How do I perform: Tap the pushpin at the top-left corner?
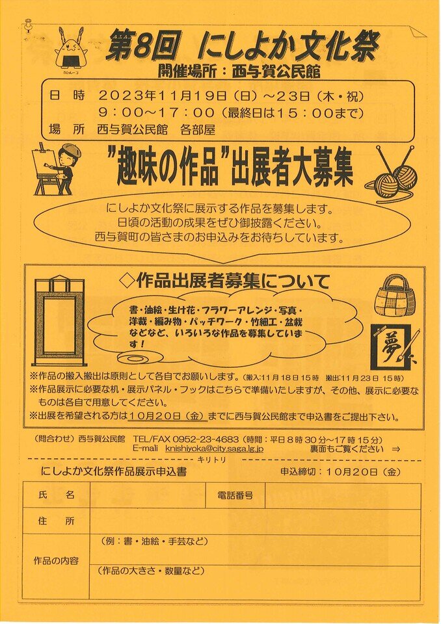tap(28, 25)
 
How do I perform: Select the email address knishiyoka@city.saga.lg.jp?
tap(215, 449)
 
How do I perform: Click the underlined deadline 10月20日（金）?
tap(167, 417)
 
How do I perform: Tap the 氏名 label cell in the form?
tap(56, 495)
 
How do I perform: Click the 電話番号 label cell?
tap(235, 495)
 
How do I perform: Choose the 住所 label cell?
tap(56, 521)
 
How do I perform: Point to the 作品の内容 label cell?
tap(56, 566)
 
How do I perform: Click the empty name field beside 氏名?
tap(148, 495)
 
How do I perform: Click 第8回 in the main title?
tap(141, 47)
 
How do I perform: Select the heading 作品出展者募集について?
tap(226, 281)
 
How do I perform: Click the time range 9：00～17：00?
tap(157, 112)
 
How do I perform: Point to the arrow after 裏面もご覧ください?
tap(396, 449)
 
